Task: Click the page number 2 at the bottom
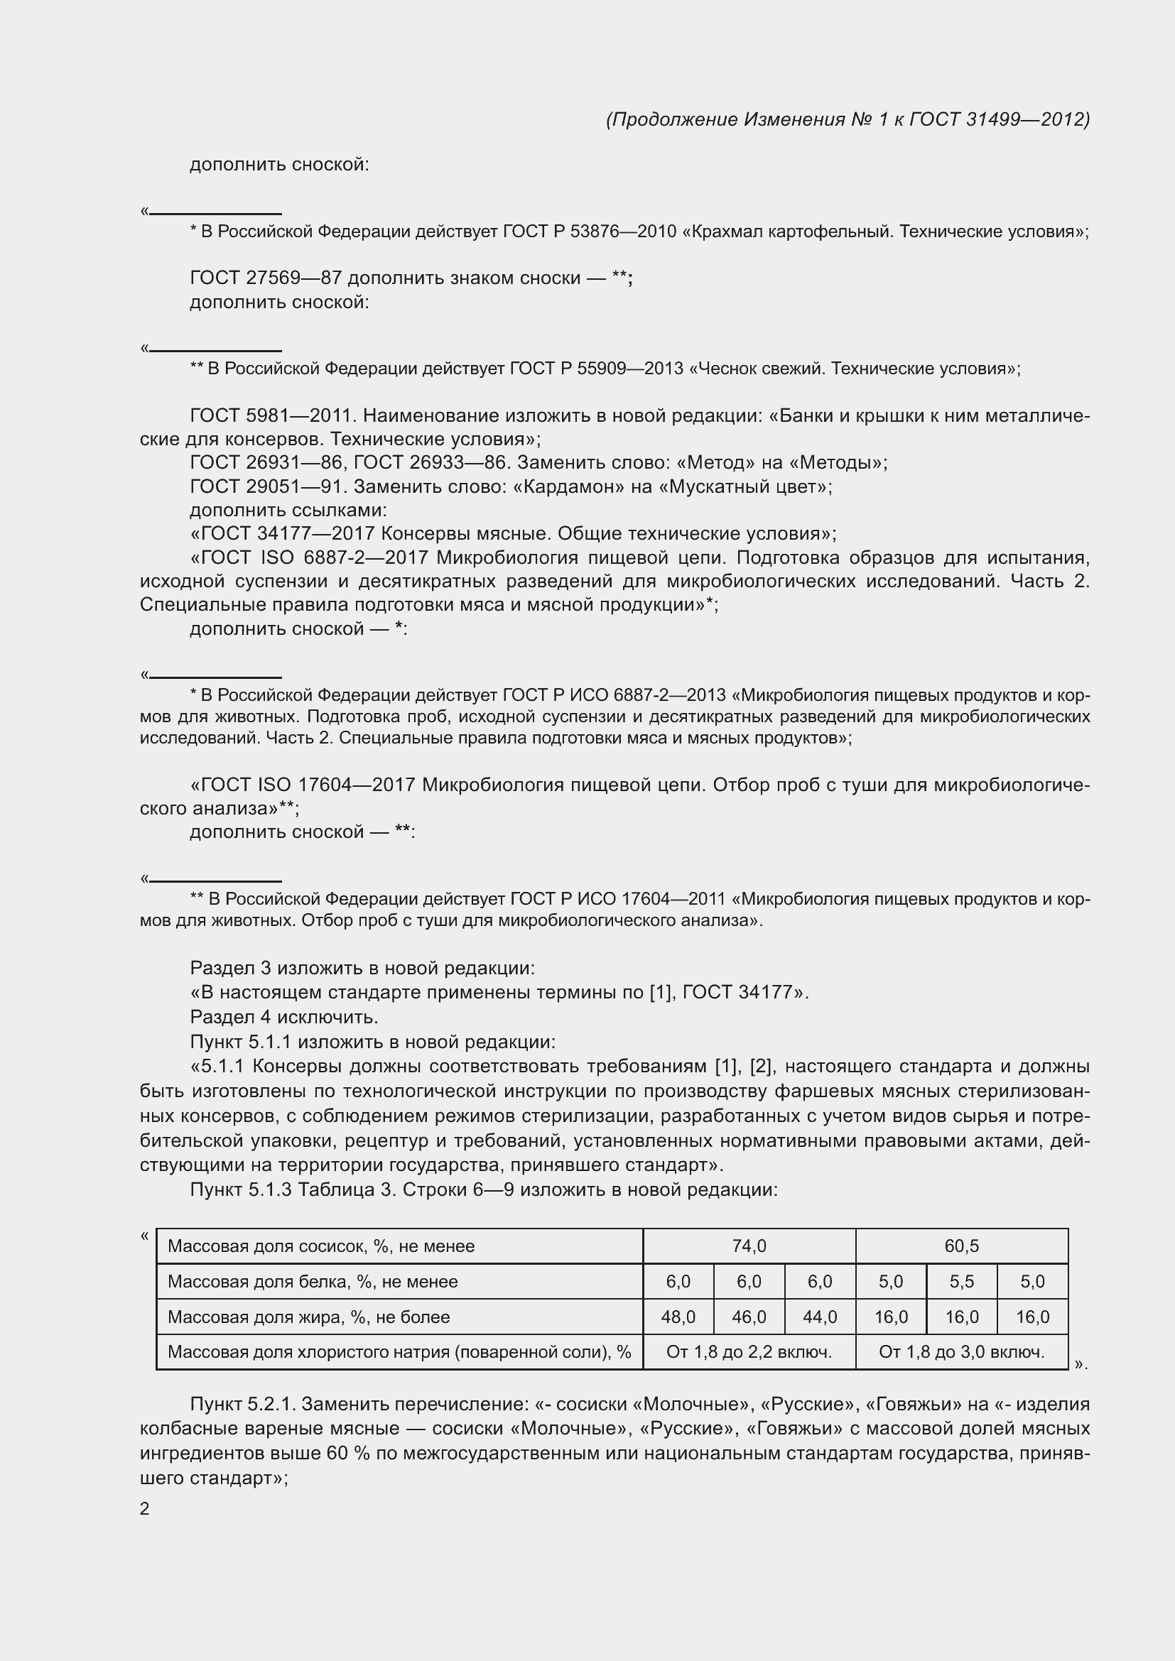click(145, 1509)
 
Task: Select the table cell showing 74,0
click(749, 1246)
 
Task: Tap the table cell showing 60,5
click(962, 1246)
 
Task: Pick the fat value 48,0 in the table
click(678, 1317)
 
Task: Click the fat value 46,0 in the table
click(749, 1317)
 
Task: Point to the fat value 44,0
click(820, 1317)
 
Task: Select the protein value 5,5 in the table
click(962, 1281)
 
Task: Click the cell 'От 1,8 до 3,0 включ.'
click(962, 1351)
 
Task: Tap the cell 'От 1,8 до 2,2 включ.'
click(749, 1351)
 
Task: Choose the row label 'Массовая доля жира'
click(309, 1317)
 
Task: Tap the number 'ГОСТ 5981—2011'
click(271, 415)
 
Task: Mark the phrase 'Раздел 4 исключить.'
click(284, 1016)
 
